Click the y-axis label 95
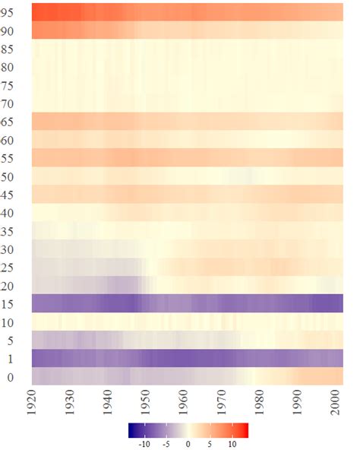click(x=12, y=13)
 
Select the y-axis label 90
click(x=12, y=31)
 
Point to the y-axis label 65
click(x=12, y=121)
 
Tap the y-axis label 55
click(x=12, y=157)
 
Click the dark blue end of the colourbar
click(x=131, y=430)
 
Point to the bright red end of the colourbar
click(x=246, y=430)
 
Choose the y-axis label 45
click(x=12, y=194)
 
